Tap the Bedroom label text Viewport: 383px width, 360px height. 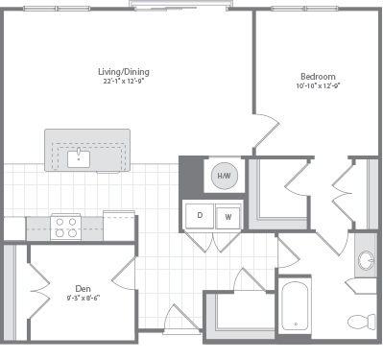318,76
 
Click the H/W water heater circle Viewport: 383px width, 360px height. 225,177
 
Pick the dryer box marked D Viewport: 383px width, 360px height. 200,216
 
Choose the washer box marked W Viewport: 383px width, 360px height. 228,216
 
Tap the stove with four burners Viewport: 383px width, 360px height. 66,227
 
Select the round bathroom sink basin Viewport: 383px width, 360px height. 365,259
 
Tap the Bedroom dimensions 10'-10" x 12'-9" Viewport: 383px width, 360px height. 318,85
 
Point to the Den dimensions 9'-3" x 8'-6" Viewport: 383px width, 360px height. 83,298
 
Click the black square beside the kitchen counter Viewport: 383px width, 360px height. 13,228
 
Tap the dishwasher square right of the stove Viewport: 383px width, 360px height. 118,227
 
